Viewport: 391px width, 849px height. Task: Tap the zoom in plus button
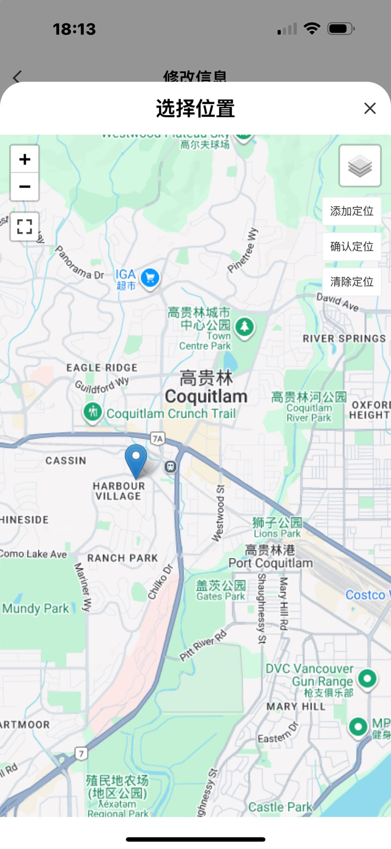coord(24,159)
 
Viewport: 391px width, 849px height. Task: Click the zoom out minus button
coord(24,187)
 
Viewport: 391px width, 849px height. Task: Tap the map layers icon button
coord(360,166)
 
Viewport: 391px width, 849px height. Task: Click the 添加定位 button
coord(351,211)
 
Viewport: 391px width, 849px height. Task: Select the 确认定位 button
coord(351,246)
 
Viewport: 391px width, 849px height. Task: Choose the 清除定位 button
coord(351,282)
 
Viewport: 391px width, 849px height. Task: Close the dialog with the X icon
coord(370,108)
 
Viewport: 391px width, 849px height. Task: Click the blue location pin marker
coord(136,459)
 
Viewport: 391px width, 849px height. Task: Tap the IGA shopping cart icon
coord(150,278)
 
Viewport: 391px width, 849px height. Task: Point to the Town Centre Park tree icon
coord(244,326)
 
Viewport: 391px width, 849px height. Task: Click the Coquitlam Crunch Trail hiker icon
coord(92,412)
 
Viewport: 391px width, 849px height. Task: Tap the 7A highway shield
coord(157,438)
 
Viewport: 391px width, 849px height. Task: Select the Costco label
coord(366,595)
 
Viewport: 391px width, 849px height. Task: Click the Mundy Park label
coord(36,608)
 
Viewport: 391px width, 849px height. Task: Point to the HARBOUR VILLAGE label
coord(119,491)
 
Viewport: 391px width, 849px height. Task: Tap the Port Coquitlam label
coord(270,562)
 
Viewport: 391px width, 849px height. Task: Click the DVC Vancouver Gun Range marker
coord(367,678)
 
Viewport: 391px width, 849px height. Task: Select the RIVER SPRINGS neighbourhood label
coord(344,338)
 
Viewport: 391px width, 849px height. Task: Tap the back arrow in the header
coord(18,77)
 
